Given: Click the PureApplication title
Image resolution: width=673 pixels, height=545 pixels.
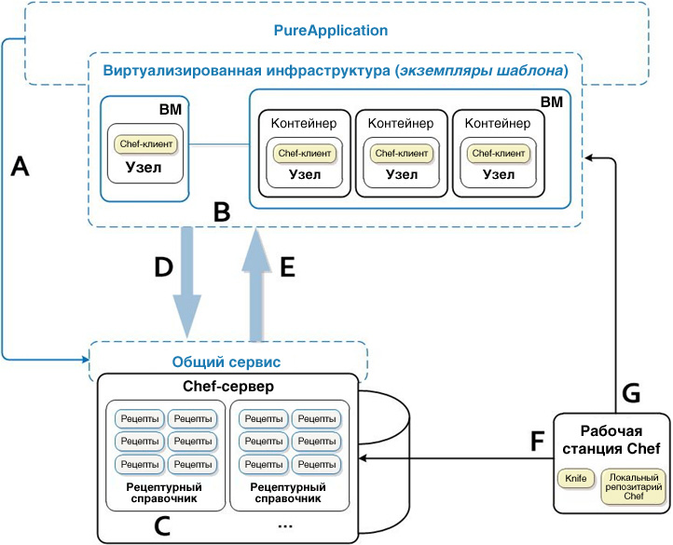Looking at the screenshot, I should [330, 30].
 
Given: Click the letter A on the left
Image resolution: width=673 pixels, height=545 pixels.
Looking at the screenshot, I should [21, 166].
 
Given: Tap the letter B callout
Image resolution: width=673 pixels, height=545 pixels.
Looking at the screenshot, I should [222, 211].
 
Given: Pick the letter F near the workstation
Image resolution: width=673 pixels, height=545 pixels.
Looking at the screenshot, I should [538, 440].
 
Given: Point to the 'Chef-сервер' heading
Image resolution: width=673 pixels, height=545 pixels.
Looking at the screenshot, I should [227, 386].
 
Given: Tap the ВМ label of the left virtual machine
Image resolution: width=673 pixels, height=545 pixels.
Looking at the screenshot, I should [171, 110].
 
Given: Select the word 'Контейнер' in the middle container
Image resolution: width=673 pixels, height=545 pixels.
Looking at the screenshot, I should [401, 123].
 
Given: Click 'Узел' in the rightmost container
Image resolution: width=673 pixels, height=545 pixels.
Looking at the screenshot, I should [500, 174].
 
